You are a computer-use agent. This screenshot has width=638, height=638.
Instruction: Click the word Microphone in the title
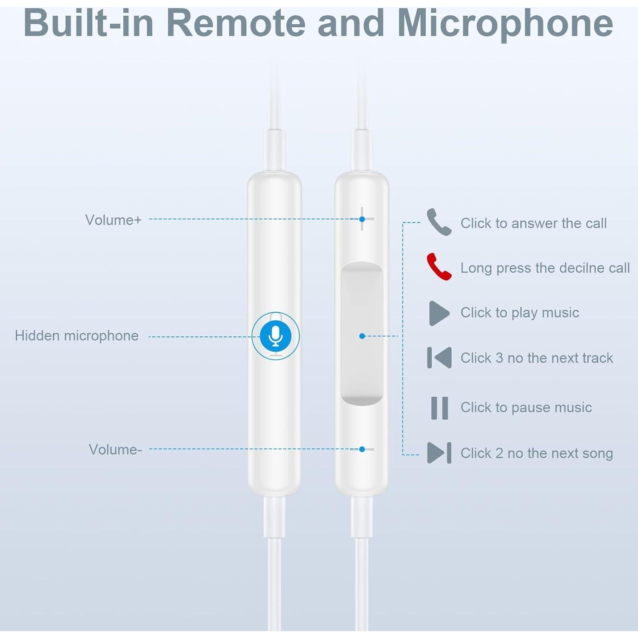[x=505, y=23]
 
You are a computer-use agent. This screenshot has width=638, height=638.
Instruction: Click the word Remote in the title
[x=236, y=23]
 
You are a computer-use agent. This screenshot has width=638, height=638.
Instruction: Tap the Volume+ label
[x=113, y=220]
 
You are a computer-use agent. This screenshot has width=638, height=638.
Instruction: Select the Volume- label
[x=115, y=450]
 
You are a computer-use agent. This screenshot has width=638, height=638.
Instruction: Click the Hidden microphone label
[x=77, y=336]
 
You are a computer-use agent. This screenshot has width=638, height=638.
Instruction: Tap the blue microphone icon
[x=276, y=336]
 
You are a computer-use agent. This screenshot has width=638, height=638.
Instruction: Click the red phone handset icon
[x=439, y=267]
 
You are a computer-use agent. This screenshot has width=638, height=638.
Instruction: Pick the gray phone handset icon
[x=439, y=222]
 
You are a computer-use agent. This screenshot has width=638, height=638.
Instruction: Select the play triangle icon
[x=439, y=313]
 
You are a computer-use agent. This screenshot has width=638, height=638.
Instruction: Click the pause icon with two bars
[x=439, y=408]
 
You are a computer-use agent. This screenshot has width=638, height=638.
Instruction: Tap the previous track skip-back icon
[x=439, y=358]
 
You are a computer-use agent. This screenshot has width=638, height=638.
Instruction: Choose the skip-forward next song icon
[x=439, y=453]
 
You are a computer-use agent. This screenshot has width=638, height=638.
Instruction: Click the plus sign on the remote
[x=362, y=219]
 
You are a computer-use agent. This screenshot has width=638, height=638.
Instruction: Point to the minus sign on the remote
[x=362, y=449]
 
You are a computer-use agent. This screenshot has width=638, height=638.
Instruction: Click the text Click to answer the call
[x=533, y=223]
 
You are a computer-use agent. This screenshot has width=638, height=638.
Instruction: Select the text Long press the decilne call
[x=545, y=268]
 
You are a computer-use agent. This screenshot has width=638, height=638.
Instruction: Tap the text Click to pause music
[x=526, y=407]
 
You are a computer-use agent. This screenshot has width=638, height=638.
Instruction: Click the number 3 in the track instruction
[x=499, y=358]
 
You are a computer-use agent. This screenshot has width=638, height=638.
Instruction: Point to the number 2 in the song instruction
[x=499, y=453]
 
